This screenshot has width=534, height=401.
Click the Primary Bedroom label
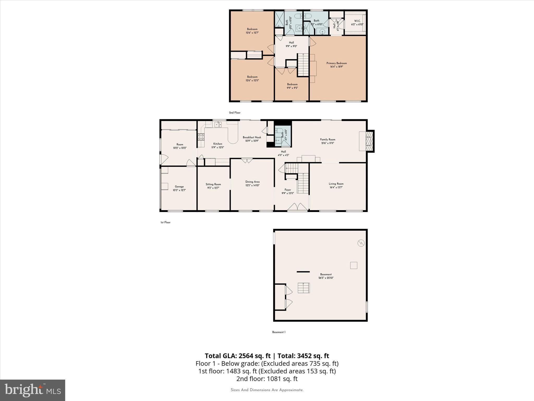click(x=336, y=63)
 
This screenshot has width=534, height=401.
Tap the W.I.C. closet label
click(x=357, y=21)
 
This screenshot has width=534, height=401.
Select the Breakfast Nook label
click(x=252, y=137)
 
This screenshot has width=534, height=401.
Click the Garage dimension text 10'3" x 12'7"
click(x=179, y=190)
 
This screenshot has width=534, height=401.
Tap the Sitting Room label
click(x=213, y=184)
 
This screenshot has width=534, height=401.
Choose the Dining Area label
click(x=252, y=182)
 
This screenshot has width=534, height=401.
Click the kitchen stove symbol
click(x=201, y=137)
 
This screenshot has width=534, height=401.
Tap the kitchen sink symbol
click(x=218, y=125)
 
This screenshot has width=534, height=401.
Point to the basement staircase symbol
click(x=304, y=288)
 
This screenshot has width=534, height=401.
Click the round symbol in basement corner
click(x=361, y=243)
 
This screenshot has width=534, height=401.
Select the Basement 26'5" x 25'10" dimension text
click(x=326, y=278)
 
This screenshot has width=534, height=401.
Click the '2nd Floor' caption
click(x=235, y=113)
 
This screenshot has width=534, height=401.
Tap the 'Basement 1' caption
click(x=279, y=332)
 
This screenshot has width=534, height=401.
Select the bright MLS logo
click(x=33, y=390)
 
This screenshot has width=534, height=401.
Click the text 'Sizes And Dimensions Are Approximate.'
click(x=267, y=390)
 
